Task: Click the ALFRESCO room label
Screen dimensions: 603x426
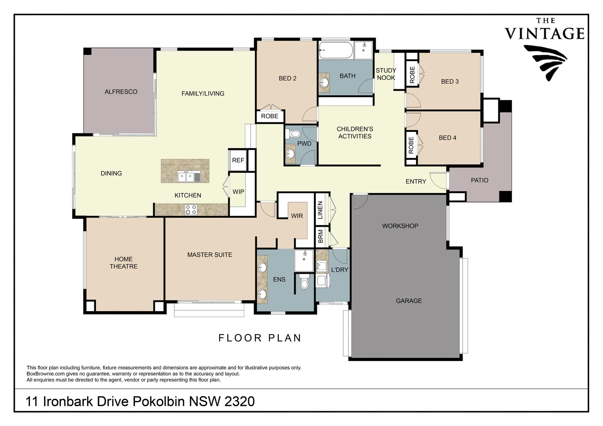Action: (x=121, y=92)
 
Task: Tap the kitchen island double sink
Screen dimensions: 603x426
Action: (x=189, y=177)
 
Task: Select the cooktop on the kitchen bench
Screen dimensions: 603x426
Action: (x=191, y=209)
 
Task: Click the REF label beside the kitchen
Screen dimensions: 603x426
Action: (x=238, y=161)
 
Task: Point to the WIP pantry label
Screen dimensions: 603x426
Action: (x=238, y=192)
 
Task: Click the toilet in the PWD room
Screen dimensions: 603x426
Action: (x=293, y=133)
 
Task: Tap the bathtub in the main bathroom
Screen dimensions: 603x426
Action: (x=336, y=50)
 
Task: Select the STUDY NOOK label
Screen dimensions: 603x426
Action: (x=386, y=74)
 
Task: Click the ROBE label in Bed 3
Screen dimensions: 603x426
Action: (x=412, y=75)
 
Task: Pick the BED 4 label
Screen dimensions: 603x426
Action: (x=448, y=138)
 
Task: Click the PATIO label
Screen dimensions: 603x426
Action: (x=479, y=180)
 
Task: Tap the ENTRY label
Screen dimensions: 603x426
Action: (x=416, y=182)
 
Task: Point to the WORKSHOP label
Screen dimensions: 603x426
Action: (x=400, y=226)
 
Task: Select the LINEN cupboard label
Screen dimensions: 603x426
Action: (x=320, y=210)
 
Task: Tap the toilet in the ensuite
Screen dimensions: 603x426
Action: (x=304, y=282)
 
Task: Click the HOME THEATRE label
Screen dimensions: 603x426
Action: (x=124, y=263)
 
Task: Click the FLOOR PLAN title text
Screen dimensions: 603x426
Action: (x=260, y=338)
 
